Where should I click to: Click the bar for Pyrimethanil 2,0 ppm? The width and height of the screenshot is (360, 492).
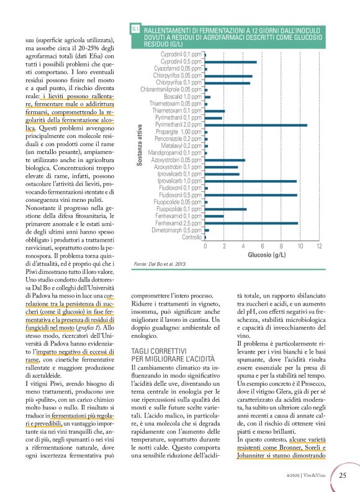(256, 125)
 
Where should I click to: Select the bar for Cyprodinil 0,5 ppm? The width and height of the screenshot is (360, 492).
(230, 62)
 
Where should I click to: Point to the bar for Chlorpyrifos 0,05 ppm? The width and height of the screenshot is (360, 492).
(228, 76)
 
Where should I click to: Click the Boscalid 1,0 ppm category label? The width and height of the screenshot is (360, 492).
(182, 97)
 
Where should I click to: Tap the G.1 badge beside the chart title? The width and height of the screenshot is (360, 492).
(135, 29)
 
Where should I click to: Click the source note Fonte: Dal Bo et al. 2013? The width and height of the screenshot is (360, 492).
(160, 265)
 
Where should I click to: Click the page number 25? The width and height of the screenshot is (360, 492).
(343, 476)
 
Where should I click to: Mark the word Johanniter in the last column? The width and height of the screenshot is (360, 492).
(254, 453)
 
